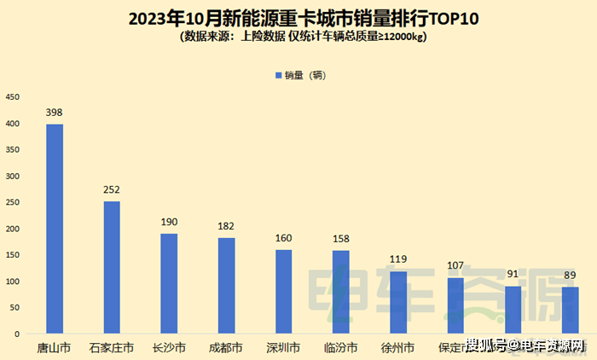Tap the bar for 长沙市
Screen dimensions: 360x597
pyautogui.click(x=169, y=283)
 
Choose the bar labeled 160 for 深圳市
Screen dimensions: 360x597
pyautogui.click(x=283, y=291)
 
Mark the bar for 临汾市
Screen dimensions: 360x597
pyautogui.click(x=340, y=292)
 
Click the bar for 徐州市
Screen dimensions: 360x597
pyautogui.click(x=397, y=302)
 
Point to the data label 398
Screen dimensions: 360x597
pyautogui.click(x=54, y=113)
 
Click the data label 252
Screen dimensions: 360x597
pyautogui.click(x=112, y=190)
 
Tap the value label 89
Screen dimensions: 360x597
pyautogui.click(x=570, y=276)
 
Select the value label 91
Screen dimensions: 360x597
pyautogui.click(x=513, y=275)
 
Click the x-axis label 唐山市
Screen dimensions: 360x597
pyautogui.click(x=54, y=348)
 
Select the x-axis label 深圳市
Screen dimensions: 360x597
pyautogui.click(x=283, y=348)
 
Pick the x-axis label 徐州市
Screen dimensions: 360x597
pyautogui.click(x=397, y=348)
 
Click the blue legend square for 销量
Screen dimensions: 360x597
pyautogui.click(x=277, y=75)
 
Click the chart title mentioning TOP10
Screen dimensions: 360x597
pyautogui.click(x=298, y=18)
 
